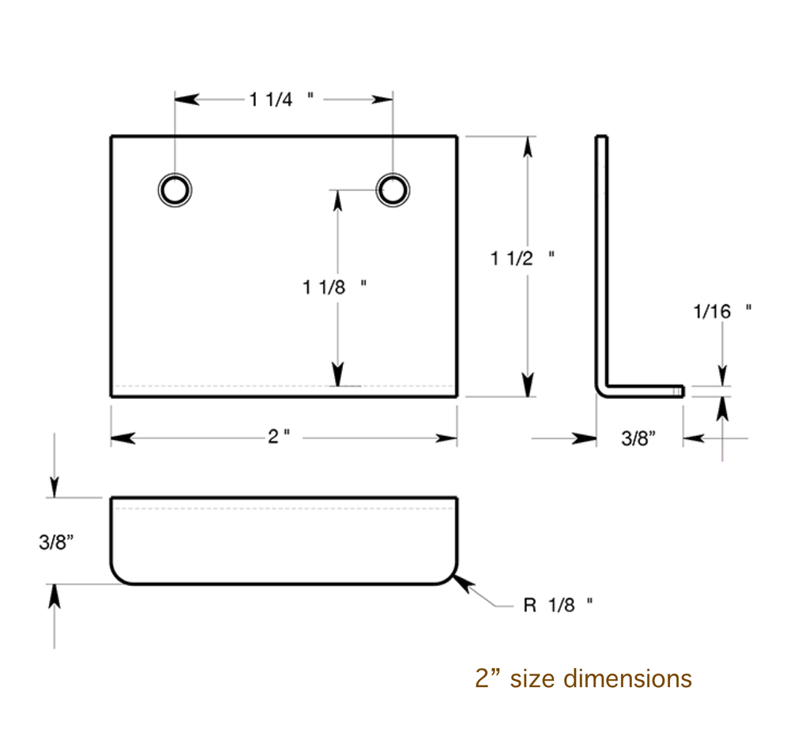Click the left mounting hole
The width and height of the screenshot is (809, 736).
(x=175, y=190)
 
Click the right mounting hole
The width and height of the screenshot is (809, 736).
(x=393, y=189)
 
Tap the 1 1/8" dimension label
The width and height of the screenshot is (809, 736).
(x=334, y=287)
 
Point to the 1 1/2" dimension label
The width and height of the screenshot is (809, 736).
(x=522, y=257)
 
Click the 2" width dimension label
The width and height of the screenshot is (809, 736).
(x=279, y=437)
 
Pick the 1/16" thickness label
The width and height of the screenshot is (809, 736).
(x=721, y=312)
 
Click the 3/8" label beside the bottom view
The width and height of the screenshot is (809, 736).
(x=56, y=543)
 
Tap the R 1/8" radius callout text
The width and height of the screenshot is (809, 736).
(x=558, y=606)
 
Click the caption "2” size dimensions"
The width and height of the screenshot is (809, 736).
(x=583, y=678)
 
